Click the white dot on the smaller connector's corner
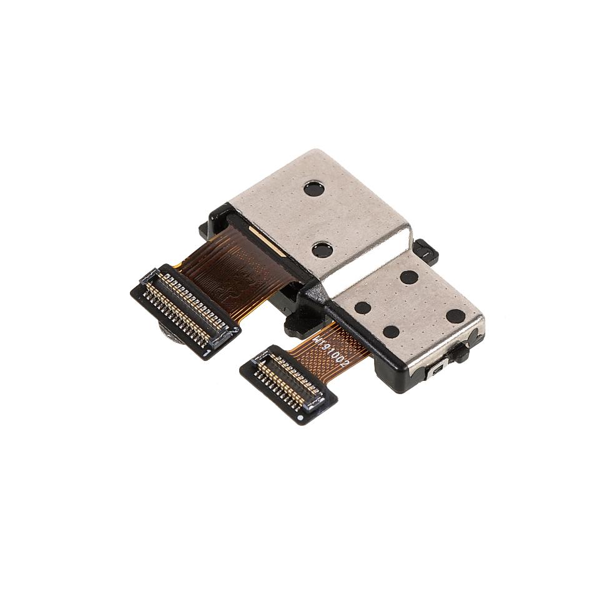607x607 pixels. coord(302,414)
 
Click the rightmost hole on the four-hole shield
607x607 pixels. coord(455,316)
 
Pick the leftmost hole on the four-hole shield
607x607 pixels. coord(363,307)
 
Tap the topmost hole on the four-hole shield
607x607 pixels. coord(409,277)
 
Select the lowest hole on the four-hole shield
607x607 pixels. coord(391,332)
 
